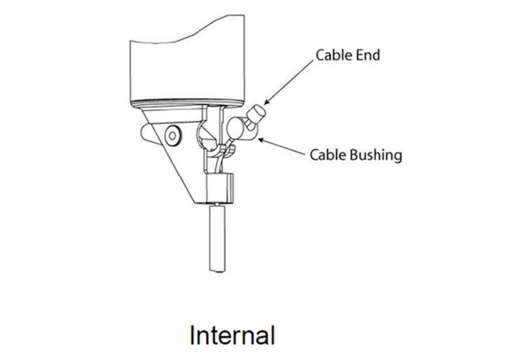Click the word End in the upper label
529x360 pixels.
pyautogui.click(x=368, y=56)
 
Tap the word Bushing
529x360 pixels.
pyautogui.click(x=373, y=155)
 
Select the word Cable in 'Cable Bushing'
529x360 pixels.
pyautogui.click(x=327, y=155)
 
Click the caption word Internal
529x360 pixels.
pyautogui.click(x=233, y=336)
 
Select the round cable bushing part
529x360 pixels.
pyautogui.click(x=238, y=131)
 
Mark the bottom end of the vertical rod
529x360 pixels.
pyautogui.click(x=218, y=268)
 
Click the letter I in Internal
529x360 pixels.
pyautogui.click(x=193, y=336)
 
